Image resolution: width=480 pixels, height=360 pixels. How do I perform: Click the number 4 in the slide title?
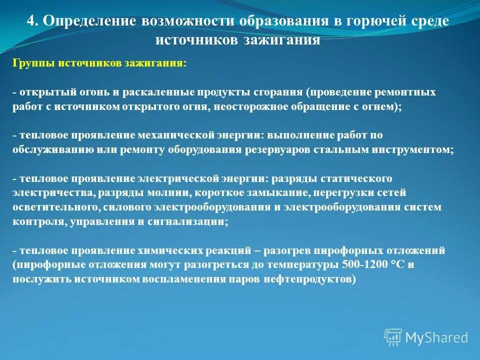[x=31, y=21]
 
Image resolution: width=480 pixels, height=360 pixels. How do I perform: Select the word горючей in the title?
[x=368, y=21]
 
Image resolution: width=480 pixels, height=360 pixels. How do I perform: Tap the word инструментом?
[x=417, y=150]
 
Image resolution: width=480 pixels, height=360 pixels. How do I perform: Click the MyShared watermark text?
[x=436, y=337]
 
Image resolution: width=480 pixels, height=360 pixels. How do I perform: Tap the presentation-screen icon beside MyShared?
[x=393, y=337]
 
